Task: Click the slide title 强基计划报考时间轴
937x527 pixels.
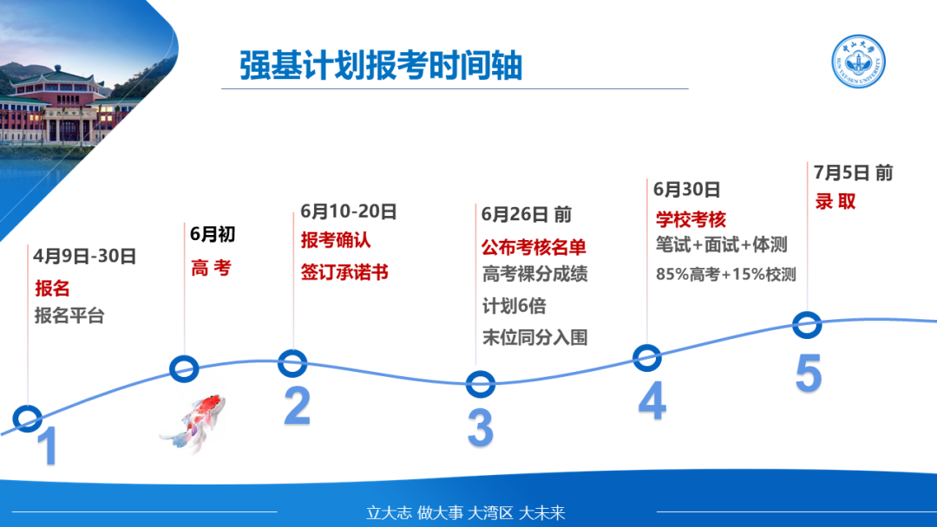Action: coord(381,65)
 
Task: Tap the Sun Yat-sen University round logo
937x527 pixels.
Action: coord(859,62)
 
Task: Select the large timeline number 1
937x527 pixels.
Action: coord(47,446)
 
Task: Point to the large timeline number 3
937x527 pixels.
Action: coord(481,427)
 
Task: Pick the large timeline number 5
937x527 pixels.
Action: coord(809,373)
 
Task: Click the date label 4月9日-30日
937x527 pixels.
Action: coord(85,256)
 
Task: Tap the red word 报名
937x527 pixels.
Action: coord(53,289)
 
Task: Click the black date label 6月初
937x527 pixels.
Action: coord(213,234)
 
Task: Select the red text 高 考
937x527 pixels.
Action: coord(211,268)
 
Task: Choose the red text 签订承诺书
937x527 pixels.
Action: coord(344,272)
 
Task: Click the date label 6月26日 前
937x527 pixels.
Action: coord(527,214)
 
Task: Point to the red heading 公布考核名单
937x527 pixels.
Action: coord(534,247)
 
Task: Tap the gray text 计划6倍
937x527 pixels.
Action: coord(514,306)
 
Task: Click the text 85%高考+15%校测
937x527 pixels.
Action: coord(726,274)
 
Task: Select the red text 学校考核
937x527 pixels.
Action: coord(691,219)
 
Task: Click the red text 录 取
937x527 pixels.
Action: coord(835,201)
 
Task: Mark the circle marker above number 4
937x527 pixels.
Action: coord(646,358)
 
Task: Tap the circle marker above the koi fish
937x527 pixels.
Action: coord(184,369)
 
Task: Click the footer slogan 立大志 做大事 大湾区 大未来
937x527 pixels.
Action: coord(466,512)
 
